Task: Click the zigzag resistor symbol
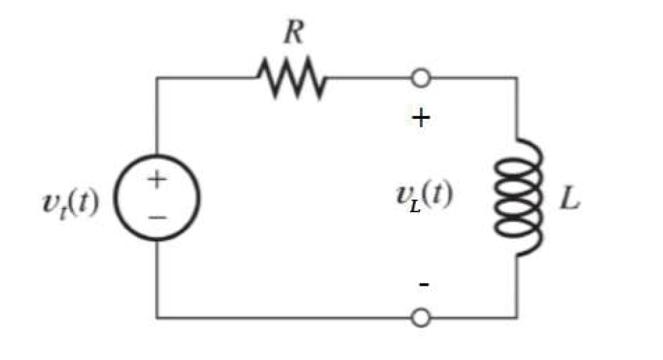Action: [x=292, y=78]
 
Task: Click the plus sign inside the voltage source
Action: [x=156, y=180]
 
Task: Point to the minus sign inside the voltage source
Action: [x=156, y=217]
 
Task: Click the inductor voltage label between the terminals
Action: [x=423, y=197]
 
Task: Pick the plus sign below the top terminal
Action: [x=421, y=119]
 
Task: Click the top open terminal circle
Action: [x=421, y=78]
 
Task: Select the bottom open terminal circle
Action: [x=421, y=317]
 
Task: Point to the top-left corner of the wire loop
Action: [x=157, y=78]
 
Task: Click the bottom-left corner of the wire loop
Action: [x=157, y=317]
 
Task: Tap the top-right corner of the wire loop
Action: [x=517, y=78]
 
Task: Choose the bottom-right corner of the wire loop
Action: [x=517, y=317]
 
